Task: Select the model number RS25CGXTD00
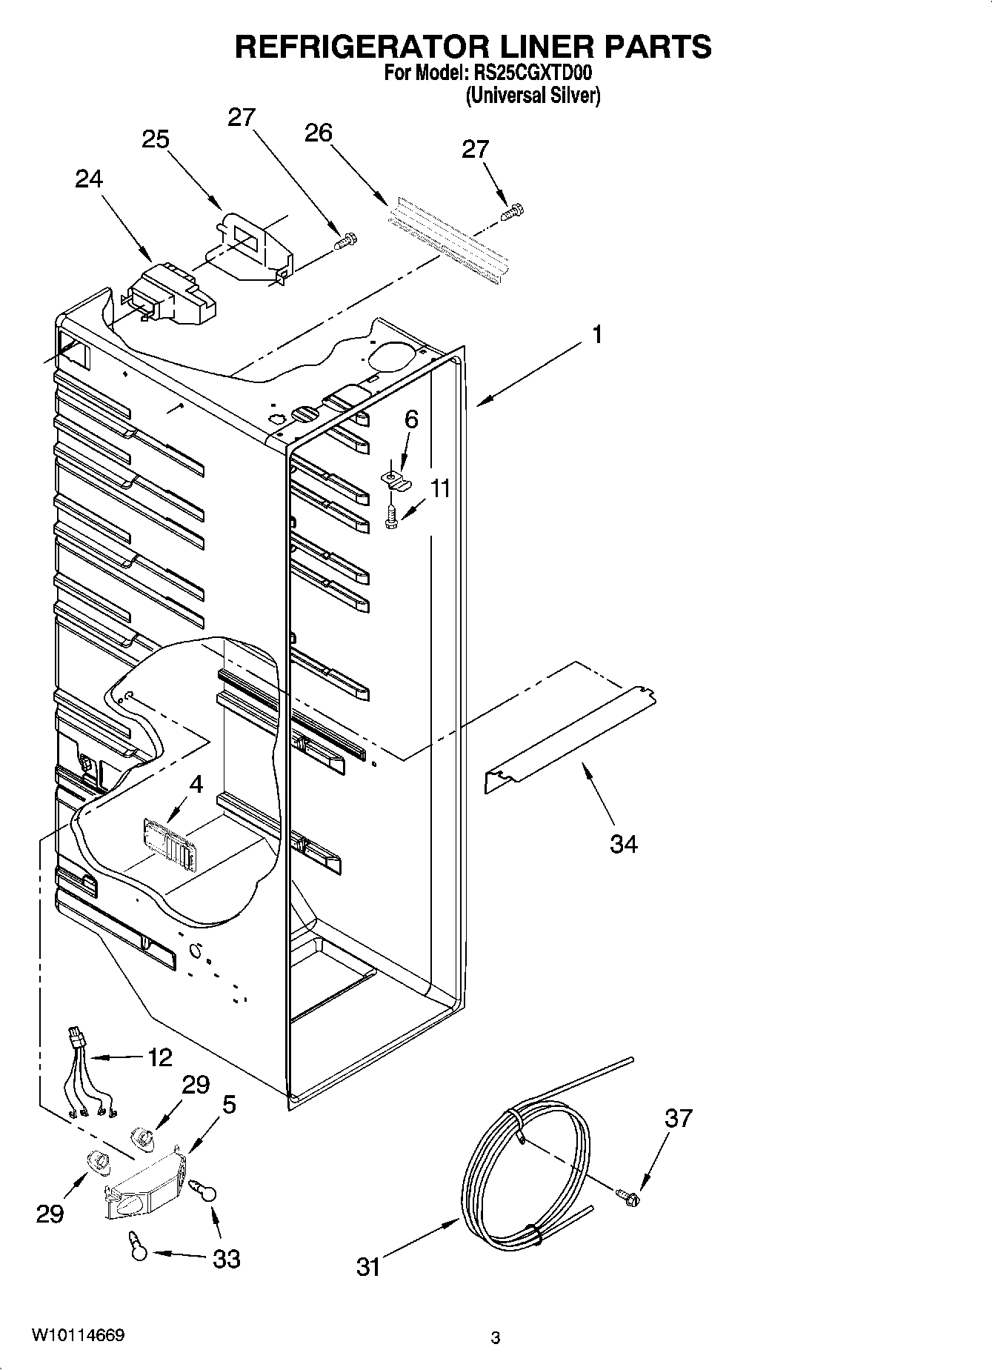tap(547, 74)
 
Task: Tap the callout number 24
tap(88, 179)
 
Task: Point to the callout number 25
tap(156, 139)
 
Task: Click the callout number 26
tap(319, 133)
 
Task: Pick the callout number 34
tap(623, 843)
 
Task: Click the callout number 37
tap(678, 1118)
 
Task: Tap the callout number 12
tap(159, 1057)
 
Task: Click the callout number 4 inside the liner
tap(196, 784)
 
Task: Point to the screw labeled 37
tap(629, 1195)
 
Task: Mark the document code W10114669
tap(78, 1336)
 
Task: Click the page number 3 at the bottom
tap(496, 1338)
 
